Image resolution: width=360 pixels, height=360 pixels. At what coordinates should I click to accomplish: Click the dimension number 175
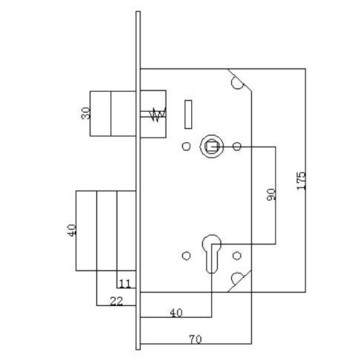pyautogui.click(x=301, y=181)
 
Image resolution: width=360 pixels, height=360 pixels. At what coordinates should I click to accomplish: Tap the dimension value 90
pyautogui.click(x=271, y=195)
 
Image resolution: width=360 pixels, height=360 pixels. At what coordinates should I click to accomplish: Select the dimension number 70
pyautogui.click(x=195, y=339)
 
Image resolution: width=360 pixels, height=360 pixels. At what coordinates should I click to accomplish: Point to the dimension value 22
pyautogui.click(x=116, y=301)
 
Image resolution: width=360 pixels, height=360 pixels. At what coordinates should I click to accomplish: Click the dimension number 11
pyautogui.click(x=124, y=284)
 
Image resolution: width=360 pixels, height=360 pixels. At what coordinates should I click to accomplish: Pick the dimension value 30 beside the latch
pyautogui.click(x=86, y=113)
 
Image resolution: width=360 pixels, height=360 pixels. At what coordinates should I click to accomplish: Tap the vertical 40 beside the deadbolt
pyautogui.click(x=72, y=230)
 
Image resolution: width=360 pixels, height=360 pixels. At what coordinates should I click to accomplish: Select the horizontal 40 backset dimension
pyautogui.click(x=176, y=313)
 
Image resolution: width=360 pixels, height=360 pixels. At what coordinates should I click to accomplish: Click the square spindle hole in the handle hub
pyautogui.click(x=211, y=147)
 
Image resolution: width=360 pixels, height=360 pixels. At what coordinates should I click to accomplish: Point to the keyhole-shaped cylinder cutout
pyautogui.click(x=212, y=253)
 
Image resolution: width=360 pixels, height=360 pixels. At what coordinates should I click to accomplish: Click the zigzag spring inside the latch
pyautogui.click(x=157, y=115)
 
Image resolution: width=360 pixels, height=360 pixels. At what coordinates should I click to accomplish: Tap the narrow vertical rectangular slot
pyautogui.click(x=188, y=114)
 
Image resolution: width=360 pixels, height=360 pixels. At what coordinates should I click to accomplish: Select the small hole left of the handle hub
pyautogui.click(x=186, y=146)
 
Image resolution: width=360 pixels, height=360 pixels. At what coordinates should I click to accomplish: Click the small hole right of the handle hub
pyautogui.click(x=237, y=146)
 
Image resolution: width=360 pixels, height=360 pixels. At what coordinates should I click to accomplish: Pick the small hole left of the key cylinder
pyautogui.click(x=186, y=256)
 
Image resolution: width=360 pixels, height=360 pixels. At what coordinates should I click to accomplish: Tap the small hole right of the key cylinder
pyautogui.click(x=237, y=256)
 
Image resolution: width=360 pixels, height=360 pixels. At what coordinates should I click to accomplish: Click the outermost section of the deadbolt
pyautogui.click(x=86, y=230)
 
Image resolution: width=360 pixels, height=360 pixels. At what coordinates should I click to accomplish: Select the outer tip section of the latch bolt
pyautogui.click(x=101, y=113)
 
